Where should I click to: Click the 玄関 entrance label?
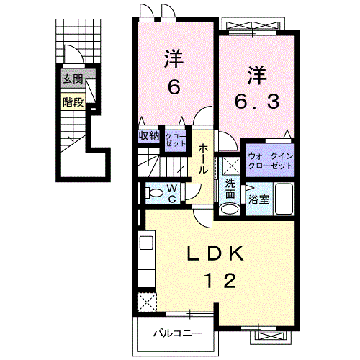71,79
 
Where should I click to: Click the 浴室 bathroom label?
258,199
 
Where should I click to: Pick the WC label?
173,192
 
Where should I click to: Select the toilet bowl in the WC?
153,192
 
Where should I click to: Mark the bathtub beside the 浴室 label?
283,198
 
